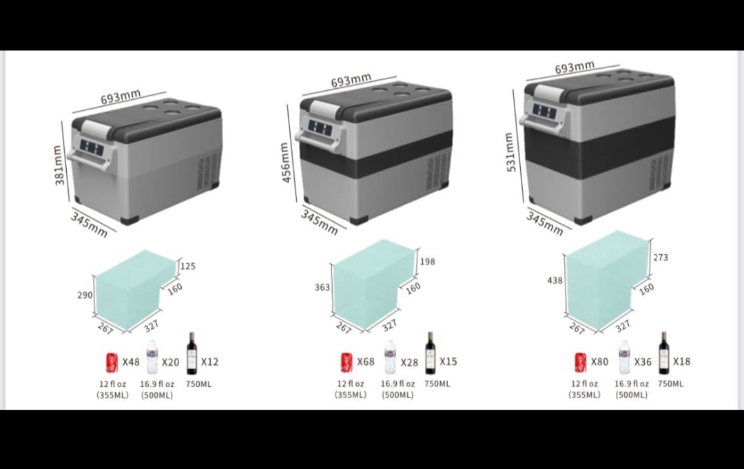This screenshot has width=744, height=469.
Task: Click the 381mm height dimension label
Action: [59, 165]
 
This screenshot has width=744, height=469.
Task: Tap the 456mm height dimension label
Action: [285, 162]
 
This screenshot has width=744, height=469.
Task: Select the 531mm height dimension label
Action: [510, 152]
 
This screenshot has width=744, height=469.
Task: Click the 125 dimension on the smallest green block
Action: [188, 266]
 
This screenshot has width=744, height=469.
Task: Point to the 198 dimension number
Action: [428, 261]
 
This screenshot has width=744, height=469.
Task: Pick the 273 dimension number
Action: [661, 258]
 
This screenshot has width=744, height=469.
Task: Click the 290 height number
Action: [85, 295]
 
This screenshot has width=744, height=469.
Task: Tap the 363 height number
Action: [322, 287]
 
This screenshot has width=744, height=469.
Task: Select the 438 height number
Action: [555, 280]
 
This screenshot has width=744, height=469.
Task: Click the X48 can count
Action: [131, 362]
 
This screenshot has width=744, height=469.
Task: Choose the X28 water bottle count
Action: [409, 362]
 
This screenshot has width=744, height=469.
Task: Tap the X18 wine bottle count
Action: [681, 362]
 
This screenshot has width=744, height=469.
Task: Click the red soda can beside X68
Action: [347, 363]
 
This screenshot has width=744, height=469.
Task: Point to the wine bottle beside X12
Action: [192, 353]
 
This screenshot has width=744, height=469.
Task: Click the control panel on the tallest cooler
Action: [544, 112]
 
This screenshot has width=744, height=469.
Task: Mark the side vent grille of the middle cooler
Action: [437, 171]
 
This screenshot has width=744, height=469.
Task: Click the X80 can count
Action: [599, 362]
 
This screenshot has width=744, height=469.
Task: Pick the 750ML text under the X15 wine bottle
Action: [437, 384]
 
